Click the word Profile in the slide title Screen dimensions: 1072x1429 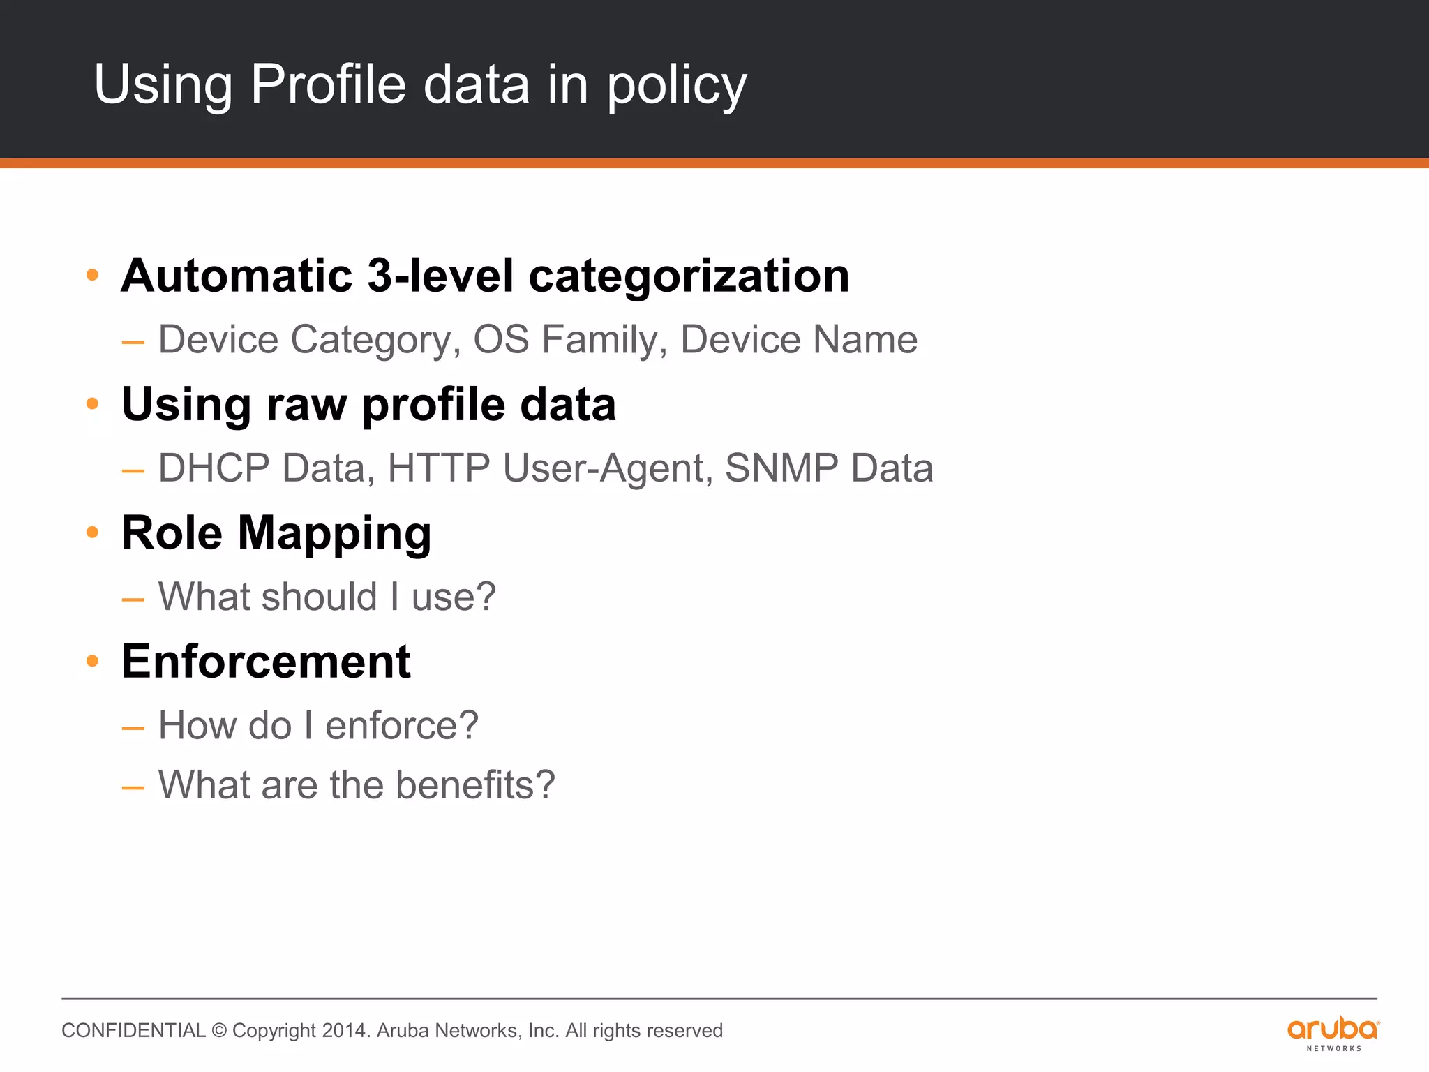click(328, 84)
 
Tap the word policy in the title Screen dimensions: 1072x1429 click(676, 87)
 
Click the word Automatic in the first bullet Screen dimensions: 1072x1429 click(237, 276)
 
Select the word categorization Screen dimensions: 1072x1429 click(689, 277)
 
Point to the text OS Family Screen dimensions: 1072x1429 click(565, 341)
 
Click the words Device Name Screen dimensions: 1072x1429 click(798, 340)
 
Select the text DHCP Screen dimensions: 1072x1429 click(214, 468)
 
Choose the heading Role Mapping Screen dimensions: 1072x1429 click(276, 534)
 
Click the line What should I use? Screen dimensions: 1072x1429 click(327, 597)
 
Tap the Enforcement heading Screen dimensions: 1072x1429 click(266, 662)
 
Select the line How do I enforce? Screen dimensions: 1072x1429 click(318, 726)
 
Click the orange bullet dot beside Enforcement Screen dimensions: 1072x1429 click(92, 660)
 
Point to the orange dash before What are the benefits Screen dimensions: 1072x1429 click(133, 788)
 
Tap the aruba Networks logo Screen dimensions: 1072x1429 click(1333, 1033)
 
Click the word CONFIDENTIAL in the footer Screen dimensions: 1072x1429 click(133, 1031)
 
